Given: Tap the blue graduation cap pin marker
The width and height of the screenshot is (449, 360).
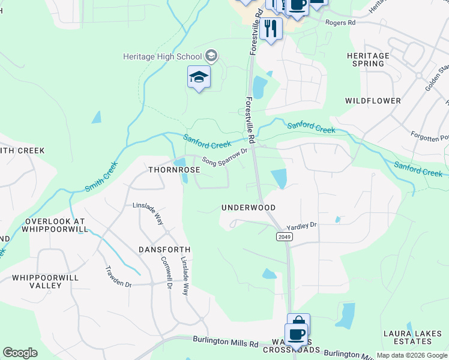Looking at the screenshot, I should [199, 77].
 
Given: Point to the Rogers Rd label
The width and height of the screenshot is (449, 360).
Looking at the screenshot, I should [340, 22].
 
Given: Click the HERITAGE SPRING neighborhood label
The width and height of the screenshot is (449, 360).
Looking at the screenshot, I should [368, 59].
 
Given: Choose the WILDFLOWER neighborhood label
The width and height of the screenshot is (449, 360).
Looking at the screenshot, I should [373, 101].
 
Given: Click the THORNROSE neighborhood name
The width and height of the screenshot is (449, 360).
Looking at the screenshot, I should [174, 170].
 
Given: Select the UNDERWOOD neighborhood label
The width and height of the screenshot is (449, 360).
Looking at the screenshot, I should [249, 208].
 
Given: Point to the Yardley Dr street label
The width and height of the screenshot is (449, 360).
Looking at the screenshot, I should [301, 226].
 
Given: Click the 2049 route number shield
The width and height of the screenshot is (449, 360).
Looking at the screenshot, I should [285, 237].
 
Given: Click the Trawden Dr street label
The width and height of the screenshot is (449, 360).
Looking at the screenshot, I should [118, 277].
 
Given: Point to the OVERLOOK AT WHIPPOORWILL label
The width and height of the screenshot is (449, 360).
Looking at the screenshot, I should [54, 225].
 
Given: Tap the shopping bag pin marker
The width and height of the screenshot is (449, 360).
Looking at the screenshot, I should [298, 323].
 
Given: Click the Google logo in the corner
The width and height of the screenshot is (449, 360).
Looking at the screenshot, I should [20, 353].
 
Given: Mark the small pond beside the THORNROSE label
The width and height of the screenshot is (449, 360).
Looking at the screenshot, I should [179, 163].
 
